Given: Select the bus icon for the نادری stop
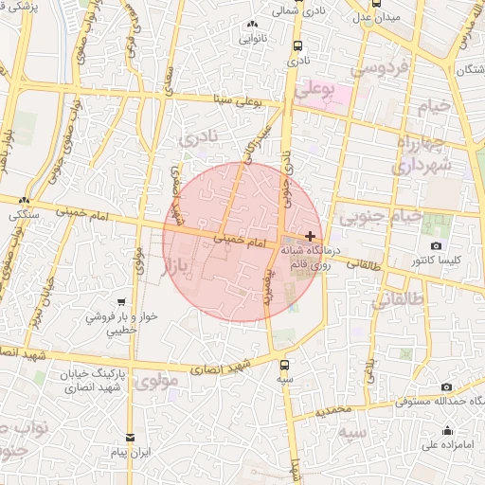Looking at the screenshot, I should coord(299,45).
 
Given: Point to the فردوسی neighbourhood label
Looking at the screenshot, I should coord(379,68).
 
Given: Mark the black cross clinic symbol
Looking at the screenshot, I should coord(310,235).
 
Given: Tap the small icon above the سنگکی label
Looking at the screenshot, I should coord(25,201).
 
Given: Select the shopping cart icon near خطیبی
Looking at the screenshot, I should coord(119,302).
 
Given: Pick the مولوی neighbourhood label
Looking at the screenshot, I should coord(156,385).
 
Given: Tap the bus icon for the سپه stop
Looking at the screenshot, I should coord(285,363).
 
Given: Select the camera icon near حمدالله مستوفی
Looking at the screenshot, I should coord(447,386).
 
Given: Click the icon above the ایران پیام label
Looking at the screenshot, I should coord(130,439).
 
